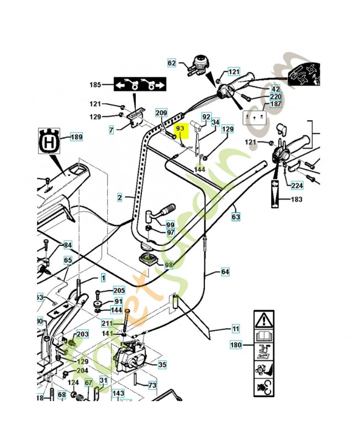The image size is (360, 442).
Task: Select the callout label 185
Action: click(x=96, y=85)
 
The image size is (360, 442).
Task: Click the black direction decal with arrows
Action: click(x=140, y=85)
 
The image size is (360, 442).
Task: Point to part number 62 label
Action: click(x=172, y=64)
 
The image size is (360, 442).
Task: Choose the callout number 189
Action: click(x=76, y=137)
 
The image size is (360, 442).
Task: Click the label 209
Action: click(x=161, y=112)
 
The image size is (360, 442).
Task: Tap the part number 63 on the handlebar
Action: click(x=236, y=218)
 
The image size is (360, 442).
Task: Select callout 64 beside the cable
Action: click(x=225, y=272)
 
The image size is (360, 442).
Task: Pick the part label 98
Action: click(x=168, y=265)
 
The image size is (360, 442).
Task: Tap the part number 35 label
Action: click(x=162, y=365)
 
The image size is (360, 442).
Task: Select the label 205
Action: click(x=119, y=291)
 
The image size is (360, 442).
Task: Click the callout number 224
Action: click(x=297, y=186)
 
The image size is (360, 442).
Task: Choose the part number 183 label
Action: click(x=297, y=199)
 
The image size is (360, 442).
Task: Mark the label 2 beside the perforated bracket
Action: click(x=119, y=197)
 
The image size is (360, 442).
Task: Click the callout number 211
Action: click(x=107, y=323)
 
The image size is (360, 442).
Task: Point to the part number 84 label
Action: click(x=67, y=245)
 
